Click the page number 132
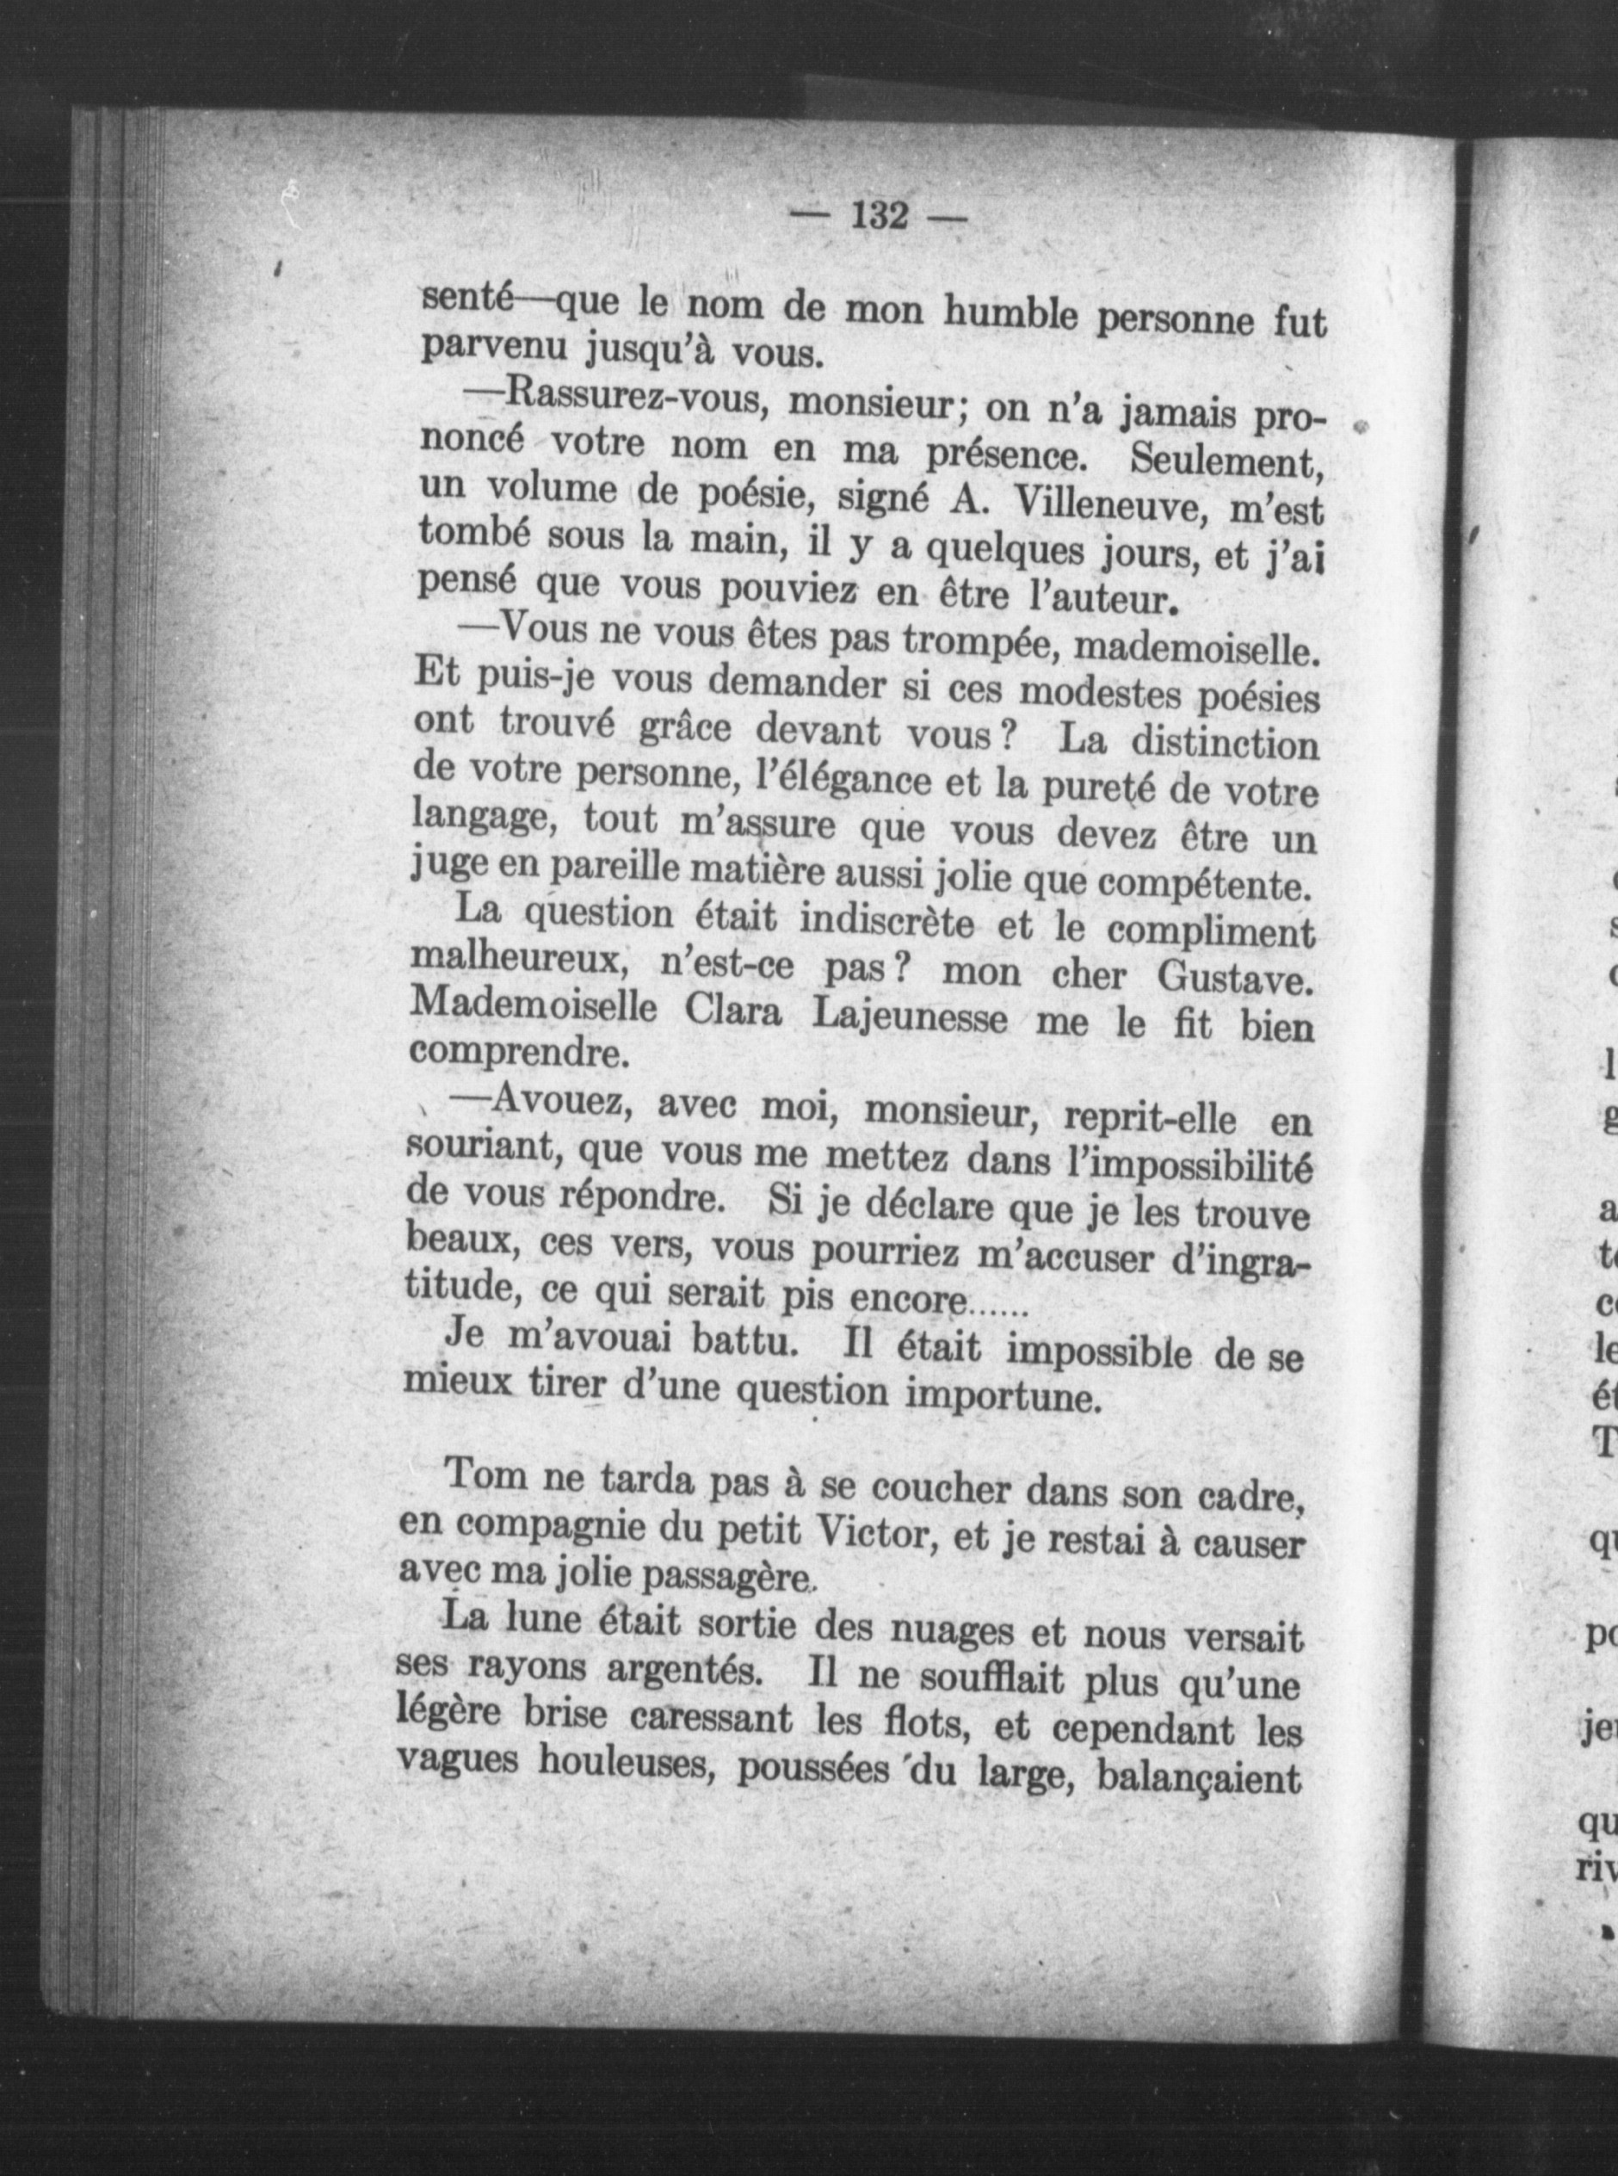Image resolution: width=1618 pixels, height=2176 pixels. [x=881, y=215]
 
